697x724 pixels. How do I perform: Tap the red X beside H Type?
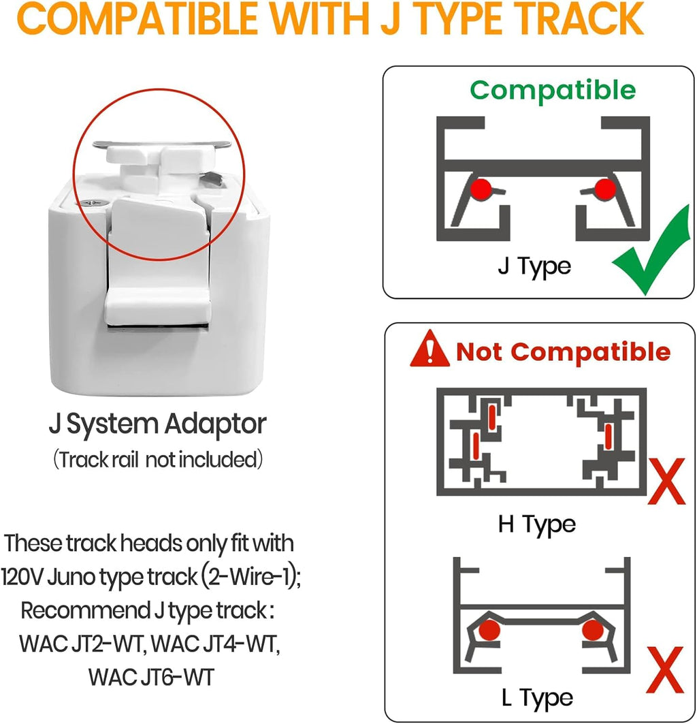click(666, 482)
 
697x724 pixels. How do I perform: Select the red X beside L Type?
click(665, 670)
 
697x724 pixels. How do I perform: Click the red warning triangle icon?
click(429, 349)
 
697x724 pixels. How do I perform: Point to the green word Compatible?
click(553, 91)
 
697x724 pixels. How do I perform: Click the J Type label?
click(534, 267)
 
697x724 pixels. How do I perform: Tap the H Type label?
click(537, 525)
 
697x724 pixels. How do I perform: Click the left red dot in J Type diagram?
click(481, 189)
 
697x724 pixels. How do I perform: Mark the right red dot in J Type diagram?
click(604, 189)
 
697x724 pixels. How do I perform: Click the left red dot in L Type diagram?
click(489, 630)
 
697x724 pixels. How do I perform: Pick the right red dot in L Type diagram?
click(593, 630)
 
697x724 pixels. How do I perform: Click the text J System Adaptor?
click(157, 424)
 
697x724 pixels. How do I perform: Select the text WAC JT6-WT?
click(151, 678)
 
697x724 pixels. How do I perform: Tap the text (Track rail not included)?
click(158, 460)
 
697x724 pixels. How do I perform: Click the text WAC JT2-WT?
click(82, 644)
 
